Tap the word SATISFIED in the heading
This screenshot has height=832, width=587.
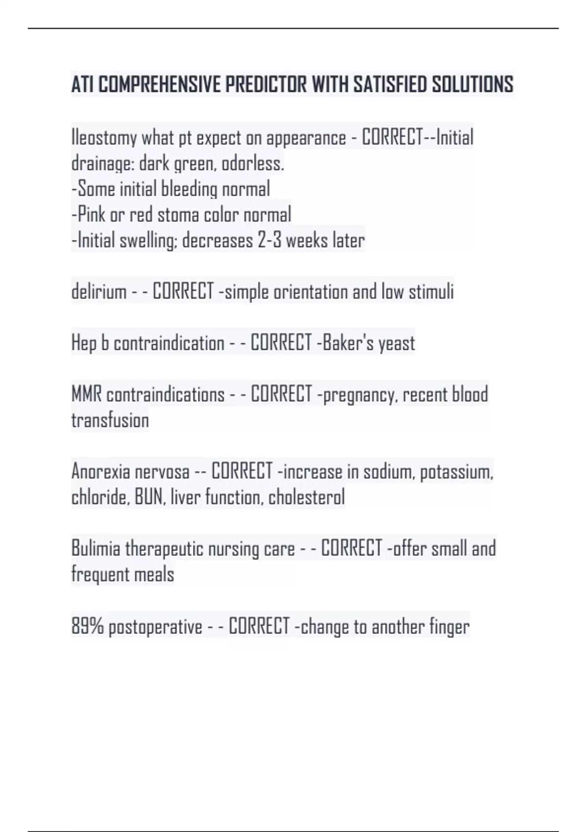click(x=390, y=85)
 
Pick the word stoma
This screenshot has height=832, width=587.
click(x=178, y=215)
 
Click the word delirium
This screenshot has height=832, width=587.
click(x=99, y=292)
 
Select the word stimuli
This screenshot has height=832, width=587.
click(x=431, y=292)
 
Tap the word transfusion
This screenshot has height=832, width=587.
click(x=110, y=420)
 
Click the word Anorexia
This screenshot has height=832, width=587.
click(x=100, y=472)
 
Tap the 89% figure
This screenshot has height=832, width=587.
click(x=88, y=626)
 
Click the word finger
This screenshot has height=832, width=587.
click(x=449, y=627)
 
